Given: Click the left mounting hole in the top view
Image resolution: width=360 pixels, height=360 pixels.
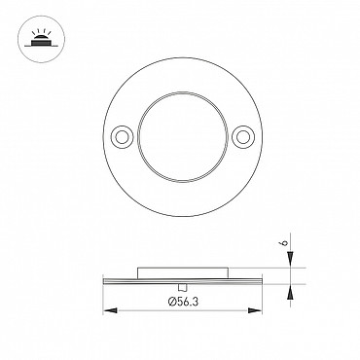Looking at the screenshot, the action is pyautogui.click(x=122, y=137).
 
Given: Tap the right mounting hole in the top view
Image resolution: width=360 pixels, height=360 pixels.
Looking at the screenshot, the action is pyautogui.click(x=243, y=137).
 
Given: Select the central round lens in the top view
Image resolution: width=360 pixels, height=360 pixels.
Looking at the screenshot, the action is pyautogui.click(x=183, y=137).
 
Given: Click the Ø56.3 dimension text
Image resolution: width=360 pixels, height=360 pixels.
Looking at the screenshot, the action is pyautogui.click(x=183, y=302).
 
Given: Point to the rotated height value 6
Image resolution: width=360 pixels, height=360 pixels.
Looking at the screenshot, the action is pyautogui.click(x=285, y=242).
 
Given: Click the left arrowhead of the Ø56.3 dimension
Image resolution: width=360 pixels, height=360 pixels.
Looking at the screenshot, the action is pyautogui.click(x=110, y=310).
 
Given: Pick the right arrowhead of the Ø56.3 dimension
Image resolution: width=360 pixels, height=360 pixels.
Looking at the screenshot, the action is pyautogui.click(x=255, y=310).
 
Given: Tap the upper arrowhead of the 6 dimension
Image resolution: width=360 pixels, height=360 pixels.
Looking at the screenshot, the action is pyautogui.click(x=290, y=259).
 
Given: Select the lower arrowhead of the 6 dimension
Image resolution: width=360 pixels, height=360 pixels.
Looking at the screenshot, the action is pyautogui.click(x=290, y=293).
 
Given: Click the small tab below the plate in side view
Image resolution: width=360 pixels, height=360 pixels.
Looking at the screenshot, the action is pyautogui.click(x=183, y=287).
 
